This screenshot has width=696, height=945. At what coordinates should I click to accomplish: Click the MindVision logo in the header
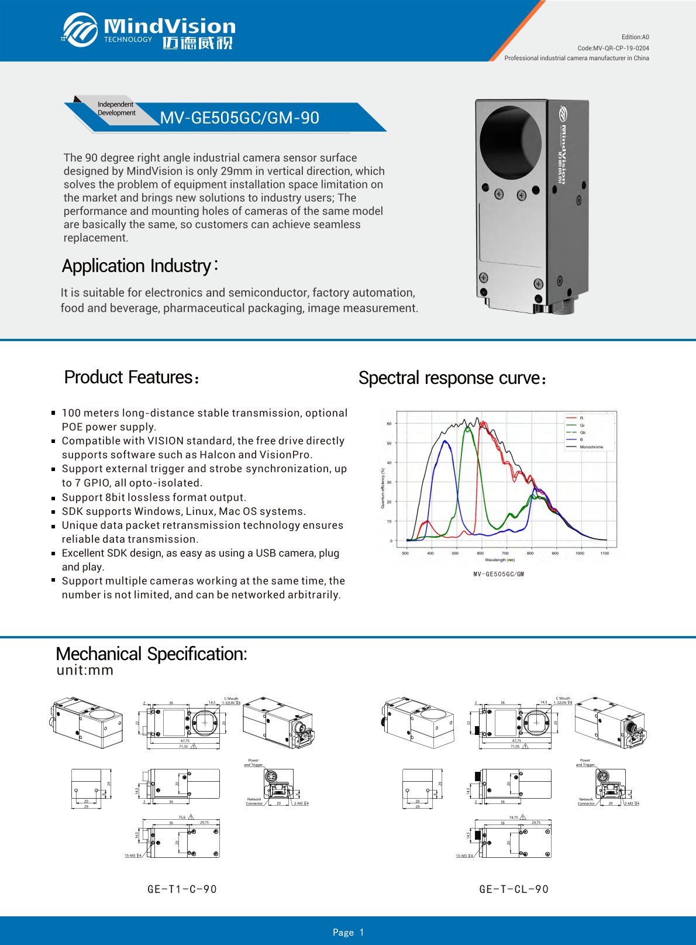click(149, 30)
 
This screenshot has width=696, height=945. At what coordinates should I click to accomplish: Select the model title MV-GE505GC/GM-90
click(240, 118)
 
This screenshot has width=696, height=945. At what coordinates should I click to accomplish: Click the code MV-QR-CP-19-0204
click(613, 48)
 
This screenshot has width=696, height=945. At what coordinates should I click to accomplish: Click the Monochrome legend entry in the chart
click(591, 446)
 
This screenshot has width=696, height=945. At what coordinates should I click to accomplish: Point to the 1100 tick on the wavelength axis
click(604, 552)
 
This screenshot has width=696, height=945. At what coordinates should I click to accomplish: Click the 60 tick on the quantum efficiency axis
click(390, 424)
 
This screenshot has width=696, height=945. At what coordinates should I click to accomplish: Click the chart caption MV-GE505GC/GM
click(498, 574)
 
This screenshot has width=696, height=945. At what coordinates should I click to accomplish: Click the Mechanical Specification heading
click(151, 654)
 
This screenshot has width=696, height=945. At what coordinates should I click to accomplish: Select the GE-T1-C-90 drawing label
click(182, 889)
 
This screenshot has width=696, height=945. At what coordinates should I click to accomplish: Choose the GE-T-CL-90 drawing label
click(514, 889)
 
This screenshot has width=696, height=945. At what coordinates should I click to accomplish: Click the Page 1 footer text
click(348, 932)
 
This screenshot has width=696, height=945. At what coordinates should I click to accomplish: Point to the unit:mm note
click(85, 670)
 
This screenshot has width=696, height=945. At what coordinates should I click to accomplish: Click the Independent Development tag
click(116, 108)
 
